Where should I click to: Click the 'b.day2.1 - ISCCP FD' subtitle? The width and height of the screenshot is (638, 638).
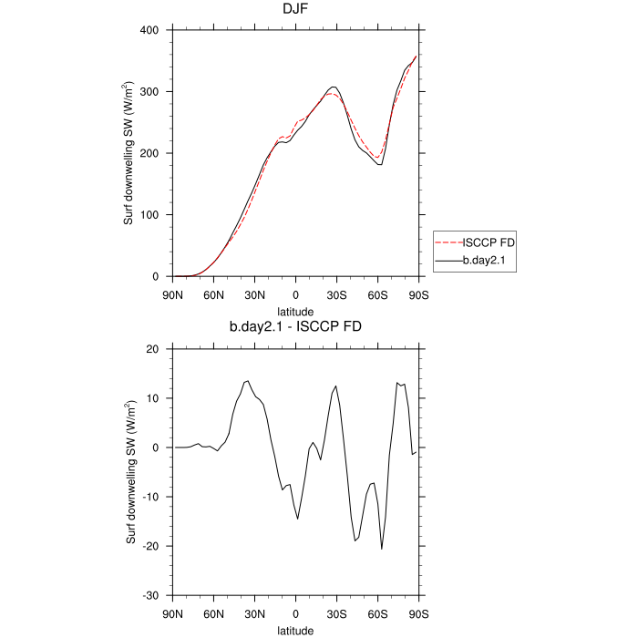pyautogui.click(x=295, y=325)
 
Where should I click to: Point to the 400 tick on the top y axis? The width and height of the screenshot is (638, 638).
pyautogui.click(x=151, y=30)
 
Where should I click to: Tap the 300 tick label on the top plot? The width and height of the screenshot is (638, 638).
pyautogui.click(x=151, y=92)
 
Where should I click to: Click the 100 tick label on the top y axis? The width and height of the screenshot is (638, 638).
pyautogui.click(x=151, y=215)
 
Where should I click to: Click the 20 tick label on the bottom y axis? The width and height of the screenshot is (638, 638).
pyautogui.click(x=155, y=349)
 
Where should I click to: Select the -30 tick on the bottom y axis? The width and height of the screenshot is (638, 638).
pyautogui.click(x=152, y=595)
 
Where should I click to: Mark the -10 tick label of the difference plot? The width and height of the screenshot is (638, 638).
pyautogui.click(x=152, y=497)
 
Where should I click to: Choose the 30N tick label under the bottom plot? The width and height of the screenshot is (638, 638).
pyautogui.click(x=254, y=612)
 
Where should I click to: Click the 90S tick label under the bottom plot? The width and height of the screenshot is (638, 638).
pyautogui.click(x=418, y=612)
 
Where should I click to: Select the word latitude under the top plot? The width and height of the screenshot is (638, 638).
pyautogui.click(x=295, y=311)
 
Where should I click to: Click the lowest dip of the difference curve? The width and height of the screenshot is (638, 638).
pyautogui.click(x=382, y=549)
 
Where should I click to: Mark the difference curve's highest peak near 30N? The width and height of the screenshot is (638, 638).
pyautogui.click(x=247, y=381)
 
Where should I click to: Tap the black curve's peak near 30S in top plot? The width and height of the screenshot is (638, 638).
pyautogui.click(x=334, y=87)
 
